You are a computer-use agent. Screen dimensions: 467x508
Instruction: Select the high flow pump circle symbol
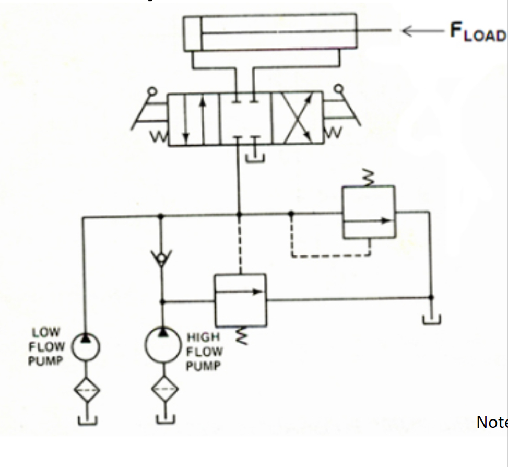[x=161, y=345]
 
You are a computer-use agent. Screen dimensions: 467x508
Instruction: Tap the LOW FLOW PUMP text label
[x=46, y=346]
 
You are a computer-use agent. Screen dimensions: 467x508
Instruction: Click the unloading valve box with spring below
[x=240, y=300]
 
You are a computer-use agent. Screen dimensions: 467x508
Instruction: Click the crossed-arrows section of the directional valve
[x=297, y=119]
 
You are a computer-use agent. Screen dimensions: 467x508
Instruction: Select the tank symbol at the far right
[x=431, y=319]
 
